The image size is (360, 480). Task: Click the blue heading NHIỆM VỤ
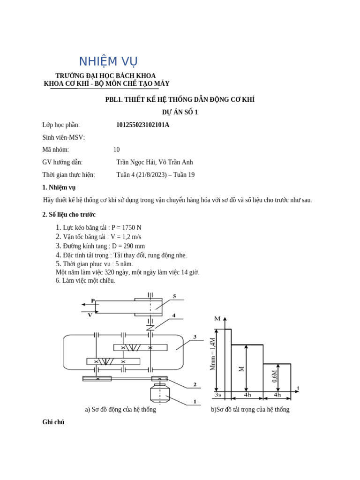point(108,61)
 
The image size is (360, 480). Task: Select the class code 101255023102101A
point(142,125)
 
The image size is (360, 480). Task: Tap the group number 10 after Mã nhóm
point(116,150)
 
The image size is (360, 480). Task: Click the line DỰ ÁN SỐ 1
point(180,112)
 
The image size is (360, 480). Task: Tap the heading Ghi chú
point(53,422)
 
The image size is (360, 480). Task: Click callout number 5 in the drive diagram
point(174,296)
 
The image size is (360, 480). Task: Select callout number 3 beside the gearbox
point(194,337)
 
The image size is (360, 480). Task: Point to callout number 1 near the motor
point(194,401)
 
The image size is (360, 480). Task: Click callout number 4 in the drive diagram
point(173,315)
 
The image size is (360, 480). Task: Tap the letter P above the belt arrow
point(93,300)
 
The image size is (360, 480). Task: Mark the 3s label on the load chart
point(218,395)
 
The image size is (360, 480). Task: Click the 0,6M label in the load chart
point(275,376)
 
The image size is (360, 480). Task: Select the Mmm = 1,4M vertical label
point(212,354)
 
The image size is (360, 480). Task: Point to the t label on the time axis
point(298,388)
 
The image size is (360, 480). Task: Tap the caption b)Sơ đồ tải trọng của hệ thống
point(250,409)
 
